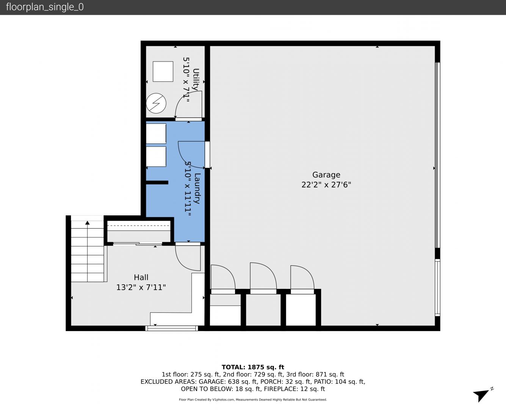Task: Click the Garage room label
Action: tap(326, 175)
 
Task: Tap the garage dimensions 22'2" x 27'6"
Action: tap(326, 184)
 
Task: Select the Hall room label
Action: tap(141, 277)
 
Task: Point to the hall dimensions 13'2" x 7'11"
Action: tap(141, 287)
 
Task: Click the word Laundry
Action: tap(197, 188)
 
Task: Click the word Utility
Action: tap(196, 79)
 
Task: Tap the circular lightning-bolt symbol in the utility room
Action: tap(156, 103)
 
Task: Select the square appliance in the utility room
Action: tap(163, 71)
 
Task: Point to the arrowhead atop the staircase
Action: tap(88, 223)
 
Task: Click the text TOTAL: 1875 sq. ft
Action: tap(253, 367)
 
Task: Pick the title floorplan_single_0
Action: tap(45, 7)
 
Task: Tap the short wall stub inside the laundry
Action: tap(157, 183)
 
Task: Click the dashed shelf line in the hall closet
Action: tap(139, 225)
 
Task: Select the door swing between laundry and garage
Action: tap(191, 155)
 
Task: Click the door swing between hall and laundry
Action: tap(188, 258)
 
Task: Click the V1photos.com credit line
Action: tap(253, 400)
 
